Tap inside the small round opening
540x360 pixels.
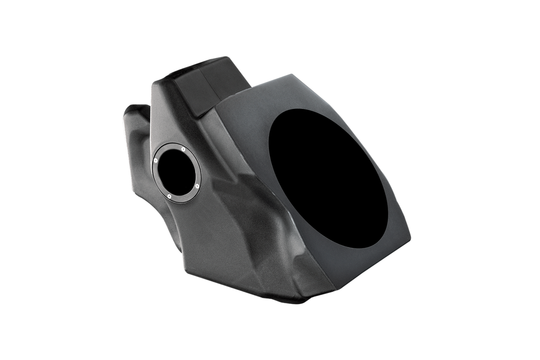tap(176, 172)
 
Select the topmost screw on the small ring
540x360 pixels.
tap(184, 150)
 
